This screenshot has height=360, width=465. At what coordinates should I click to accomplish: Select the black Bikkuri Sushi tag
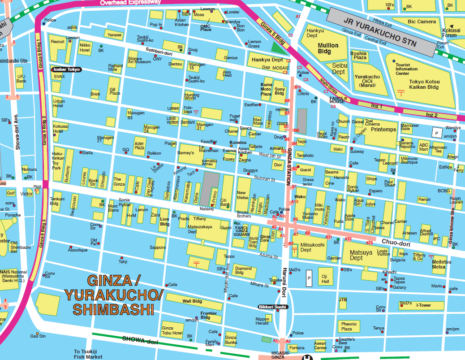[x=272, y=307]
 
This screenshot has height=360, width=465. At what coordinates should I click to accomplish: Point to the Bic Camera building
[x=422, y=22]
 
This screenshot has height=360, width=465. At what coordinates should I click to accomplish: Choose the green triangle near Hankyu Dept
[x=278, y=46]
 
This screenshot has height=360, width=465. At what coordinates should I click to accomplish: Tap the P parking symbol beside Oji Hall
[x=308, y=278]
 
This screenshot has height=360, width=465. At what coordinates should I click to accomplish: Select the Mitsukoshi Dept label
[x=312, y=247]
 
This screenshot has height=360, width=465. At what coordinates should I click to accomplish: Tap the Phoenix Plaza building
[x=349, y=326]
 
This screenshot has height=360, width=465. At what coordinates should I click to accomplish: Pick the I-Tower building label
[x=423, y=305]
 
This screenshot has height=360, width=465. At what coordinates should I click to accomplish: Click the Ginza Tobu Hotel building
[x=172, y=330]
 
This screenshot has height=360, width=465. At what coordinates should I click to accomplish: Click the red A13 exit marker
[x=369, y=243]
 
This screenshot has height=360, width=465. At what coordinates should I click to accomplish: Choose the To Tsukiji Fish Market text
[x=88, y=354]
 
